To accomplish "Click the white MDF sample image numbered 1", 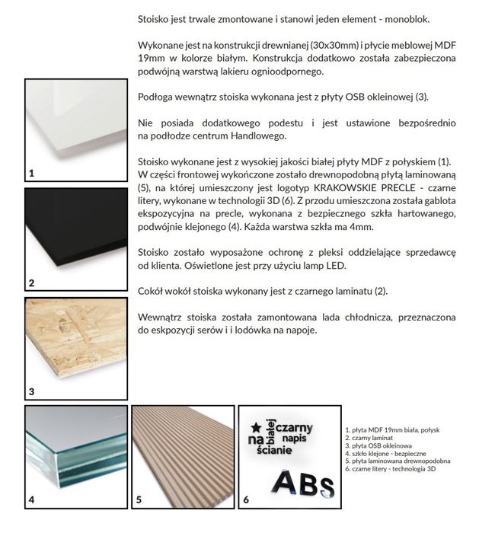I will [x=75, y=129].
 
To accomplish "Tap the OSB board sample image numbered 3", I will [x=75, y=347].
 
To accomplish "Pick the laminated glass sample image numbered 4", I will [x=75, y=457].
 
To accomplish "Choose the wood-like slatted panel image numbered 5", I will [x=183, y=457].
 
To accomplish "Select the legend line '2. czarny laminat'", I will [x=370, y=438].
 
